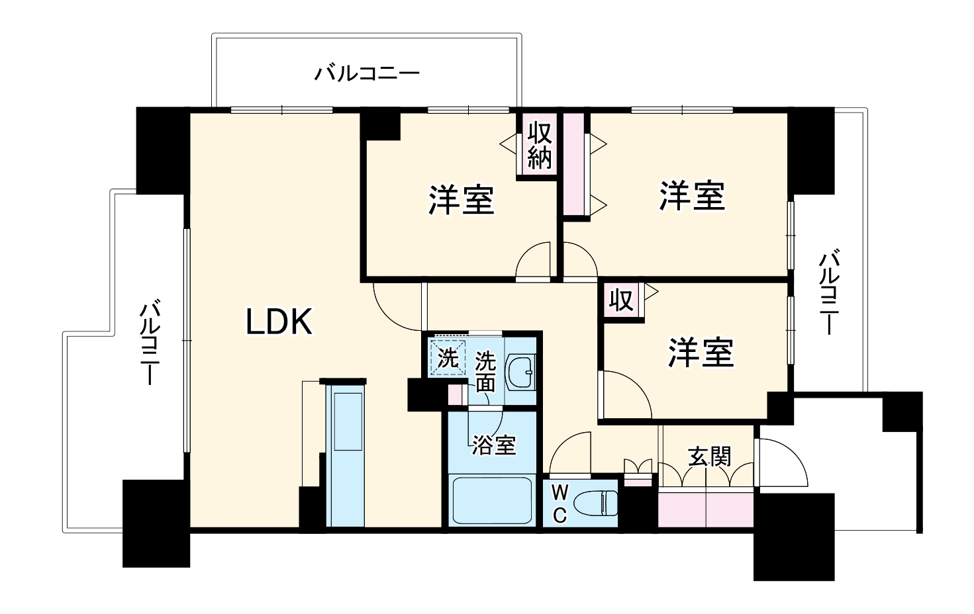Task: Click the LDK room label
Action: (x=279, y=322)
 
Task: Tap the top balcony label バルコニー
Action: (x=366, y=73)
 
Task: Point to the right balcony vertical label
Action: (x=828, y=292)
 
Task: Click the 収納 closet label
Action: (x=540, y=146)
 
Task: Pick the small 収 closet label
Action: (x=621, y=300)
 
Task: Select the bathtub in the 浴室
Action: (x=491, y=501)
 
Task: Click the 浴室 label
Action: (x=493, y=445)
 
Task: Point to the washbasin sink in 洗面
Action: (x=520, y=373)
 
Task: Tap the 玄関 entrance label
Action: (x=709, y=457)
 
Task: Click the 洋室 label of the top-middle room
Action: (x=461, y=199)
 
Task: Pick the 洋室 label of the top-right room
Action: (x=692, y=196)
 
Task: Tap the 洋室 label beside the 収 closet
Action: (x=701, y=353)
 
